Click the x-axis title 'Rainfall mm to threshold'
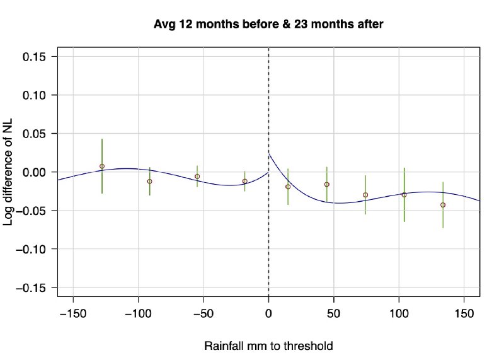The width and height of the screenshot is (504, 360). (x=268, y=346)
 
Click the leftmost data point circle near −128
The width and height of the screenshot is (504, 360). (x=102, y=166)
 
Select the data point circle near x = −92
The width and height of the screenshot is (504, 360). (x=149, y=182)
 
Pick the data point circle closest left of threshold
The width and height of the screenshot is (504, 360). (x=244, y=182)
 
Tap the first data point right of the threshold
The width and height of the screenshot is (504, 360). (x=288, y=187)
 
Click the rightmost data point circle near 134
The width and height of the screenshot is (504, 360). (x=443, y=205)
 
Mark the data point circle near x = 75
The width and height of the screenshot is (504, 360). (x=365, y=195)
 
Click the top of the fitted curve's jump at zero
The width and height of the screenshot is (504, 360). (x=270, y=154)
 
